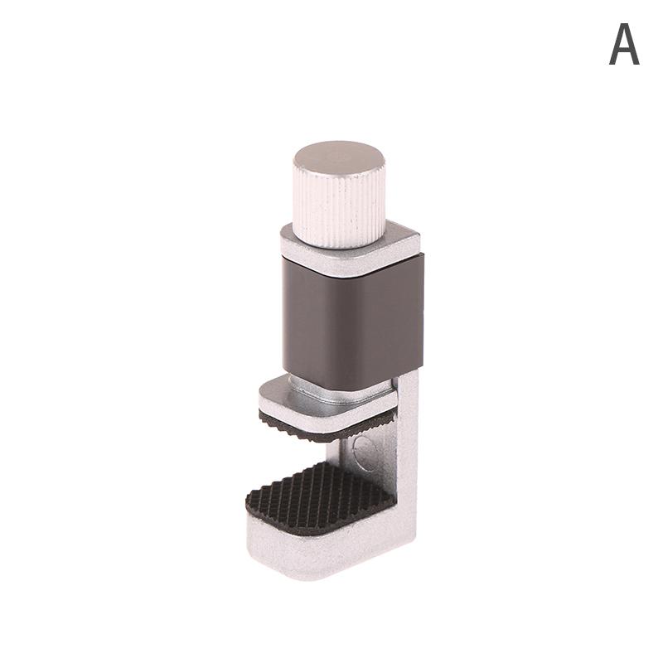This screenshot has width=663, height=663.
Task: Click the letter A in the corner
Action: pyautogui.click(x=624, y=44)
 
